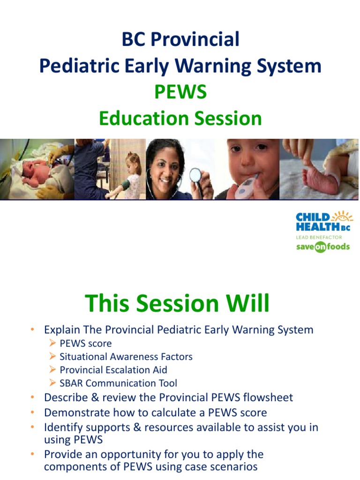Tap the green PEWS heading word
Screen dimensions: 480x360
coord(180,92)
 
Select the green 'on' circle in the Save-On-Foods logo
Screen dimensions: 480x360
coord(320,247)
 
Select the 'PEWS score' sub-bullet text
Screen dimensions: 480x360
coord(86,344)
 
